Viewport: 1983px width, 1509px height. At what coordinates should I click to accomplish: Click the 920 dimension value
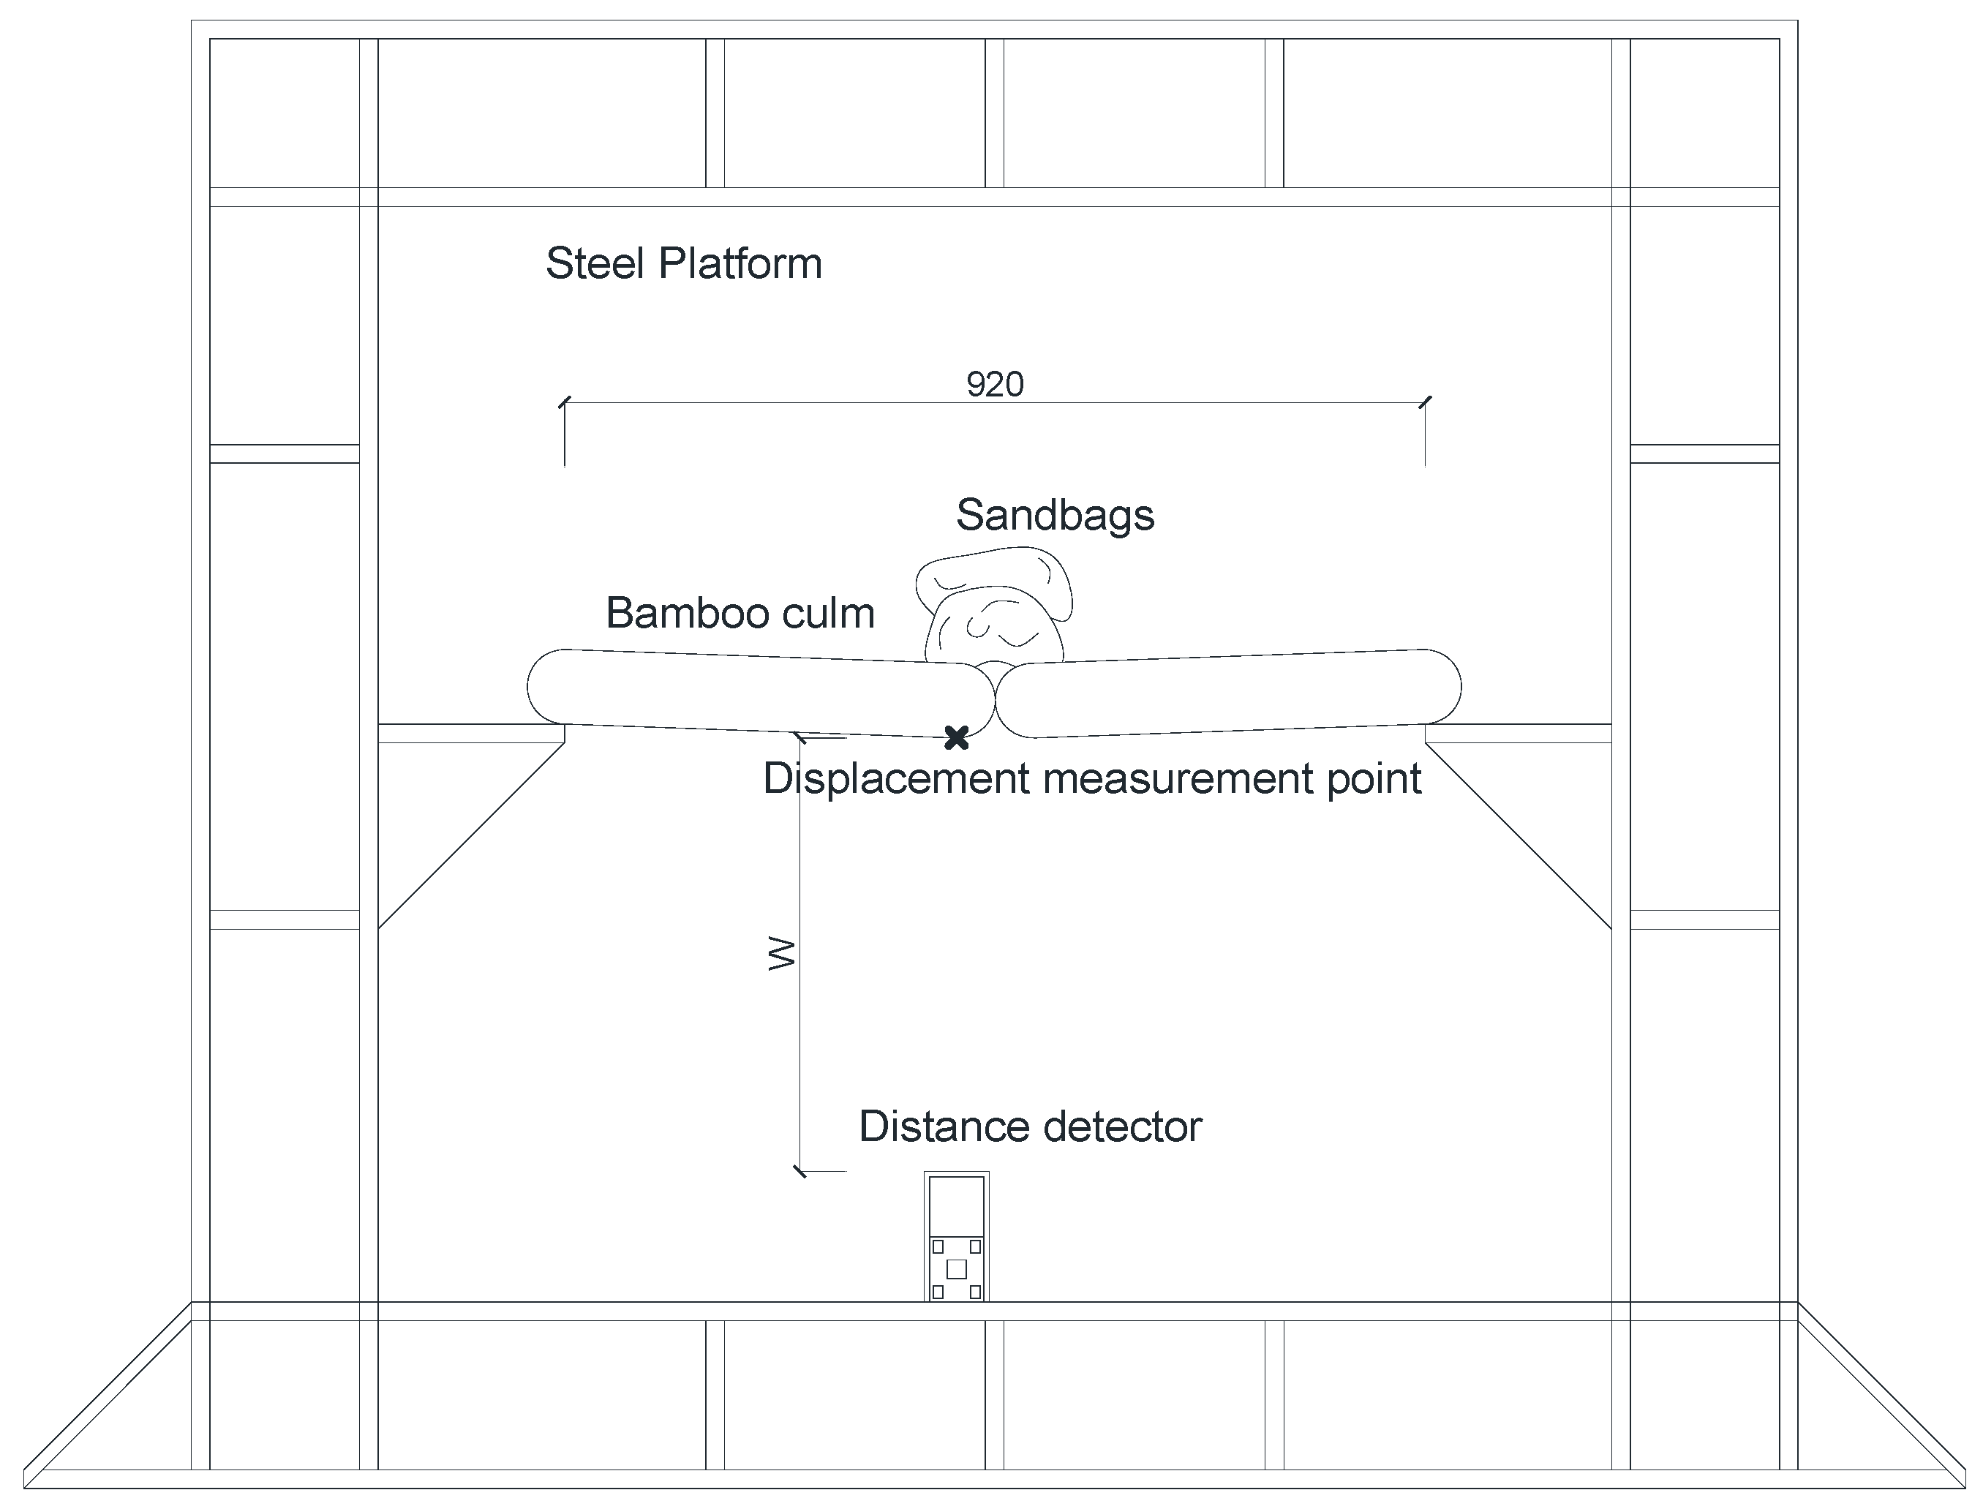tap(994, 385)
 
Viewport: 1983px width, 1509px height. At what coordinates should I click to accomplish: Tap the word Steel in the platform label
tap(595, 264)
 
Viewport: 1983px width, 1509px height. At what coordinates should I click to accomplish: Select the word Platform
tap(740, 264)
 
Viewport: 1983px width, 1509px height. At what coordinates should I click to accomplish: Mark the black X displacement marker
tap(957, 737)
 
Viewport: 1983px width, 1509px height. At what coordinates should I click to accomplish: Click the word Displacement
tap(895, 779)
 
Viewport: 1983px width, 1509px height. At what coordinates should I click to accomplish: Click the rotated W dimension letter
tap(782, 953)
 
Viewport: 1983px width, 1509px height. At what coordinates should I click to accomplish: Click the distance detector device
tap(957, 1236)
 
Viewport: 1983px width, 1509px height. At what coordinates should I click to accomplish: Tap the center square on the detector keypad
tap(957, 1268)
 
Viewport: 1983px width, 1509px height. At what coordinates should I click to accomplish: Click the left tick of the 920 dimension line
tap(564, 402)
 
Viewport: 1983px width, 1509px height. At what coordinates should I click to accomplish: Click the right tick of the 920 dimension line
tap(1426, 402)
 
